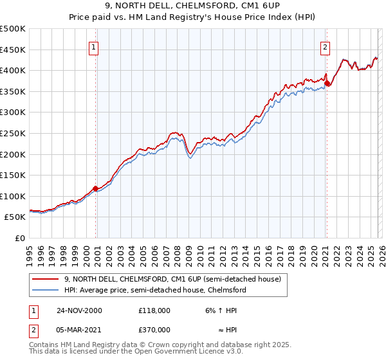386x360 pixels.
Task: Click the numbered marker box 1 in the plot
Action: [x=94, y=46]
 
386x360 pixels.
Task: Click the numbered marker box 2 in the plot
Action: [x=326, y=46]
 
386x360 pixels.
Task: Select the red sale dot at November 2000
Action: [x=96, y=188]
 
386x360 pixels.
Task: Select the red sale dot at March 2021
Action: [x=327, y=82]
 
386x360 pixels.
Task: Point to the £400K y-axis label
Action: [x=14, y=70]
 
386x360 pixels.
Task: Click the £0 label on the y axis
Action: [x=20, y=238]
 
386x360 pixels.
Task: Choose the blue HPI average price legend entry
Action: [x=154, y=290]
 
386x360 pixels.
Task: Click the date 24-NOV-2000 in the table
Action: [x=79, y=310]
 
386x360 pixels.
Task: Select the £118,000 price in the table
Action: [x=154, y=310]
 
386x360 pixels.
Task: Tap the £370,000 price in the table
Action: [x=154, y=330]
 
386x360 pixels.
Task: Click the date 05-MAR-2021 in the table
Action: [x=79, y=330]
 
